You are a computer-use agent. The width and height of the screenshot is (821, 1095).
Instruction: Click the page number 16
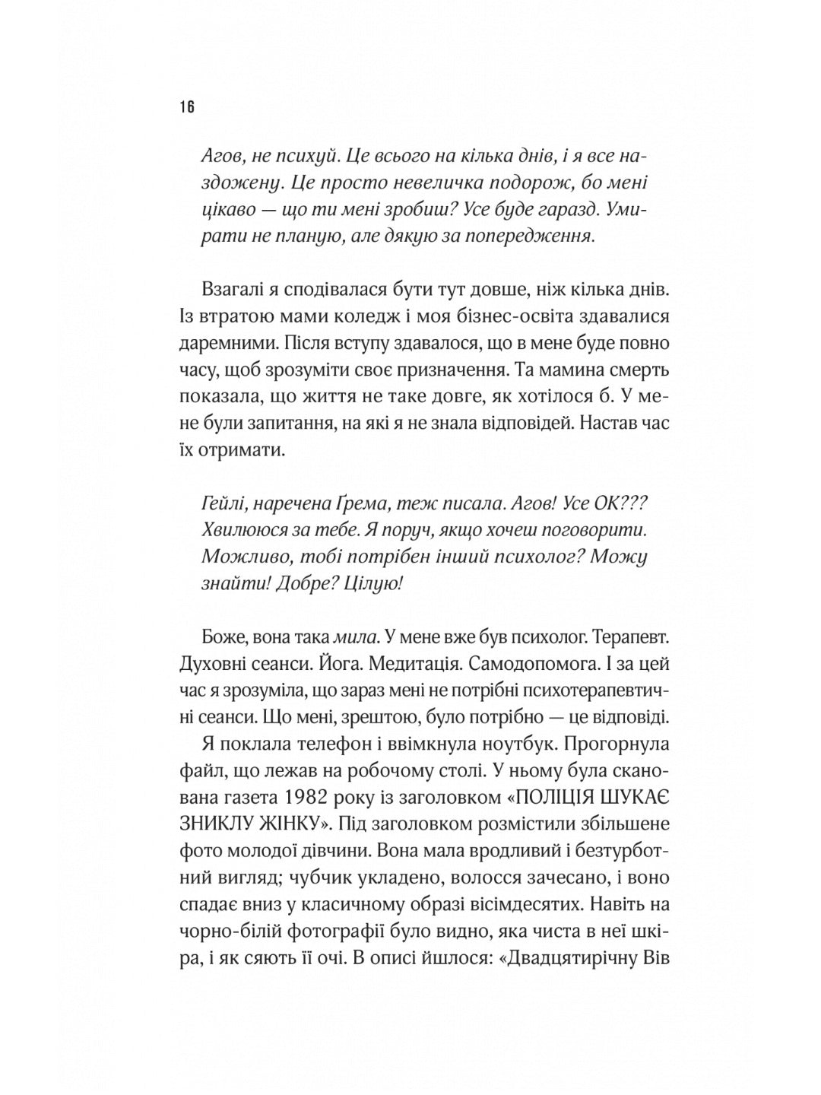(x=188, y=106)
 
